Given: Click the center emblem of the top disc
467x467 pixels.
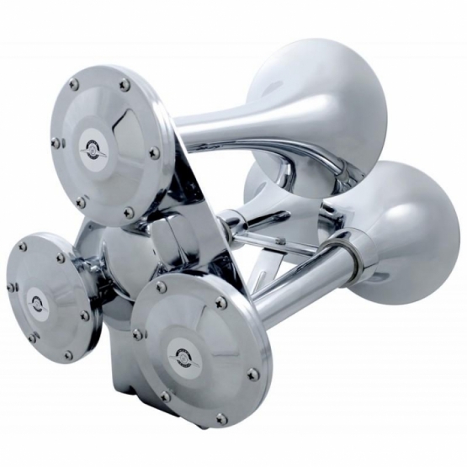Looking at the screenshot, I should tap(94, 149).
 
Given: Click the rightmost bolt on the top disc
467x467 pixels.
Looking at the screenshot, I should tap(154, 153).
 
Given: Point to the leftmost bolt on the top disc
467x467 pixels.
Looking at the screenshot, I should tap(56, 143).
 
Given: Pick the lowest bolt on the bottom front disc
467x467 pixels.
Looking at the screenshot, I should tap(221, 417).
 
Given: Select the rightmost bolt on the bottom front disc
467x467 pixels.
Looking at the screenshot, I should tap(252, 374).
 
